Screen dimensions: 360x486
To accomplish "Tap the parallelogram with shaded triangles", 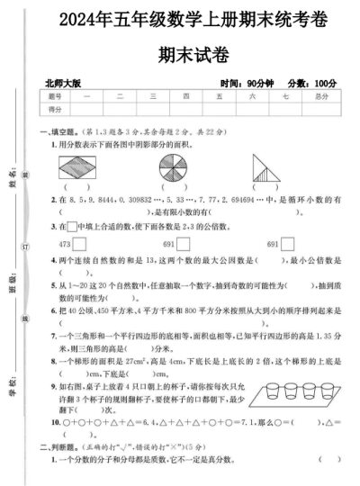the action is tap(80, 167).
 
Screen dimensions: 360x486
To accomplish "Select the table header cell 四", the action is tap(185, 94).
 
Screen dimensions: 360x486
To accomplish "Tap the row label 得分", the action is tap(55, 108).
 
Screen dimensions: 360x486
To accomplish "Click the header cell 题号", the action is tap(55, 94).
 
